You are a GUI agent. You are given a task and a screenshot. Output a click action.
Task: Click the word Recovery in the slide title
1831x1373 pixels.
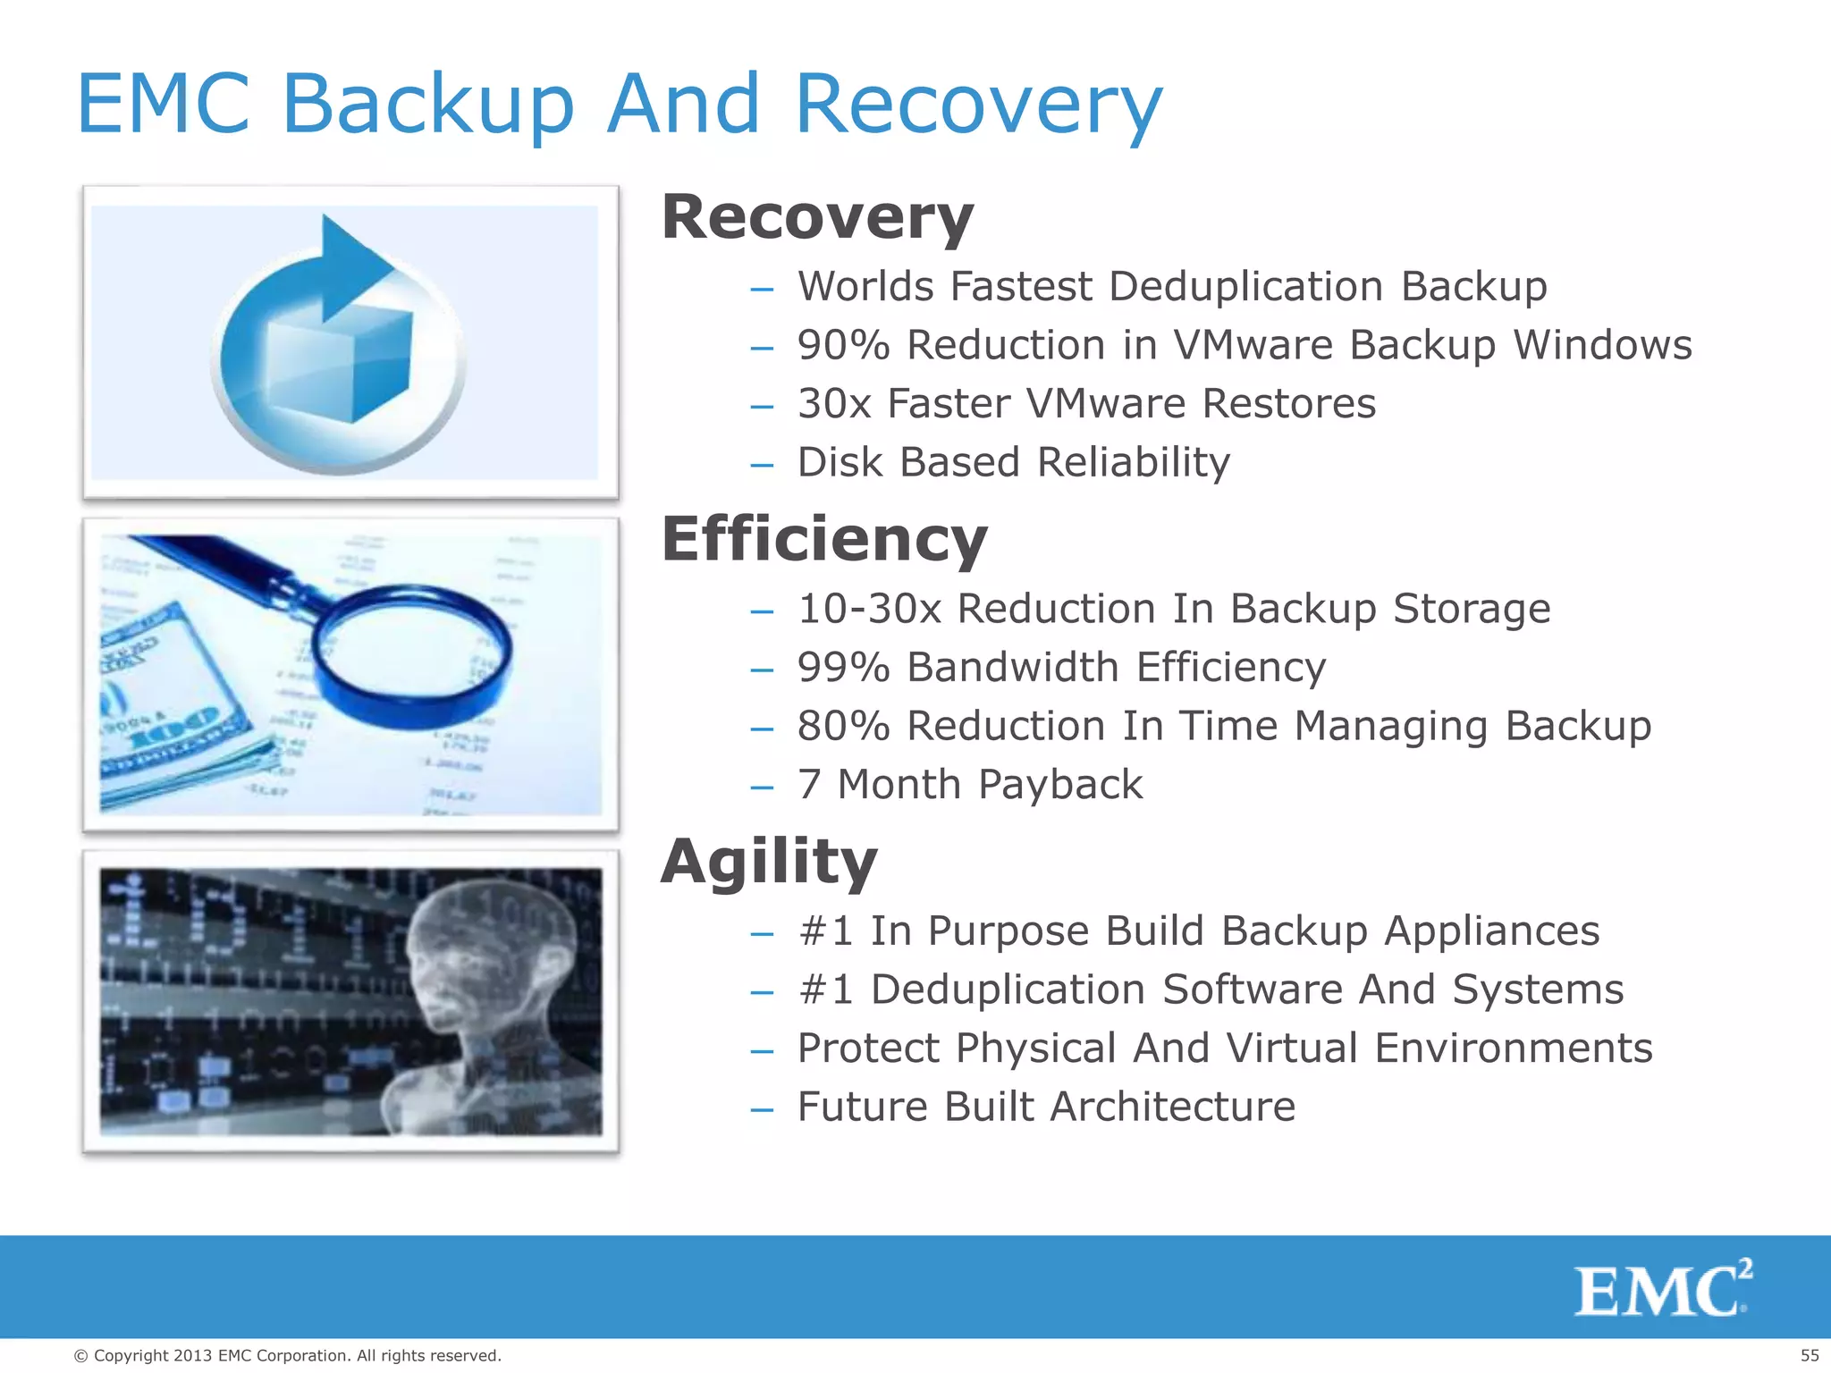pos(978,105)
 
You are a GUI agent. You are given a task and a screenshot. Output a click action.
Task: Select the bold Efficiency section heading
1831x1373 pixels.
pos(823,540)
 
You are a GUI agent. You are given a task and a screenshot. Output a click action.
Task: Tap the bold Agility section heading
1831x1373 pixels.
pos(769,862)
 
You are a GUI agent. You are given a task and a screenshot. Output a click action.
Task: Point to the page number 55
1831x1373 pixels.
pos(1809,1356)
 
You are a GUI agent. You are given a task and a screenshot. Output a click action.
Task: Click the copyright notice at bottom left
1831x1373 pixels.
pos(287,1356)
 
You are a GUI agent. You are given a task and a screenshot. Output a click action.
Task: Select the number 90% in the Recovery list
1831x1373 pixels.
pos(843,345)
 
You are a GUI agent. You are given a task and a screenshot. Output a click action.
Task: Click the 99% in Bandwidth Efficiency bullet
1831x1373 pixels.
pos(843,668)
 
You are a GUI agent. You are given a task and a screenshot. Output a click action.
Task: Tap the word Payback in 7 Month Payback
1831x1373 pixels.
pos(1060,785)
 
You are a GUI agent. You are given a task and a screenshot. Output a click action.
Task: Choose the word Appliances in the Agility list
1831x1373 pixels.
pos(1491,931)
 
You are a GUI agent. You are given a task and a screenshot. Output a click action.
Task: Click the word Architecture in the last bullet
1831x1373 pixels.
pos(1172,1108)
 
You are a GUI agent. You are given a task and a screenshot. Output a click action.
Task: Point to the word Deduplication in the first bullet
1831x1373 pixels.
pos(1246,287)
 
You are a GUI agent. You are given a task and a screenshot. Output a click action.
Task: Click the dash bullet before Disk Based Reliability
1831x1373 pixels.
pos(762,465)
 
